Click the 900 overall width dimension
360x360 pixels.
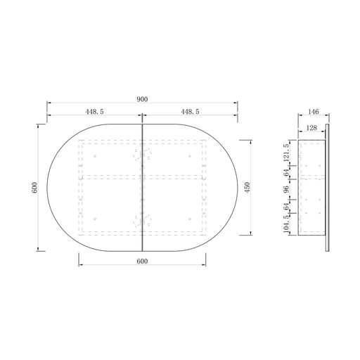pos(142,99)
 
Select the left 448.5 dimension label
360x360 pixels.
pos(94,112)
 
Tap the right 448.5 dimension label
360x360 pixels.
pos(190,112)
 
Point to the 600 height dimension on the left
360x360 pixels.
pos(34,188)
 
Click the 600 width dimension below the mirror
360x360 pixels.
pos(142,261)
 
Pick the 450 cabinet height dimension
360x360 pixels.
pos(247,188)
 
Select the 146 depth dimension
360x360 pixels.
pos(314,112)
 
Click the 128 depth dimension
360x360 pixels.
pos(311,128)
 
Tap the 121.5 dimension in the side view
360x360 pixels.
pos(287,153)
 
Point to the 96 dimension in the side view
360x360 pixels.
pos(287,189)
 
